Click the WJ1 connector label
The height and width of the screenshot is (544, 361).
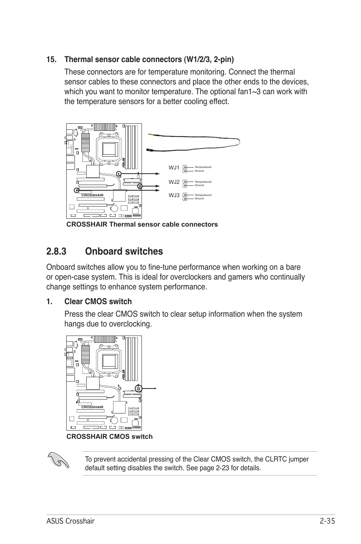[174, 168]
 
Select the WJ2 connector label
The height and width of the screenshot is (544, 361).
[174, 182]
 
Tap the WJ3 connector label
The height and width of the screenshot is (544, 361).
[174, 196]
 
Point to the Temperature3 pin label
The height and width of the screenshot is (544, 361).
[203, 195]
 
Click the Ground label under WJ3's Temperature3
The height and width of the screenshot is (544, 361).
[199, 199]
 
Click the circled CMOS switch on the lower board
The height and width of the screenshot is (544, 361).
[138, 388]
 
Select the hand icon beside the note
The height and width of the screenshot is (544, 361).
[59, 461]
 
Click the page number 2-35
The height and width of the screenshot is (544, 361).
[327, 521]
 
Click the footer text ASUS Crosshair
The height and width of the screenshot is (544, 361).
[70, 521]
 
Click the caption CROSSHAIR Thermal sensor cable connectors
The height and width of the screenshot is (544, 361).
[142, 224]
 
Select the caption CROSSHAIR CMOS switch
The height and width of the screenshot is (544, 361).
[109, 437]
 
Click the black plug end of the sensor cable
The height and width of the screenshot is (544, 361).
[150, 150]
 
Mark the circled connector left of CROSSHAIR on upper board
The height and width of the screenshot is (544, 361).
[76, 190]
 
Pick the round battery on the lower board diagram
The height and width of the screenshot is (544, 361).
[113, 420]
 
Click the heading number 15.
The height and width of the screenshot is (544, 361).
[53, 59]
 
